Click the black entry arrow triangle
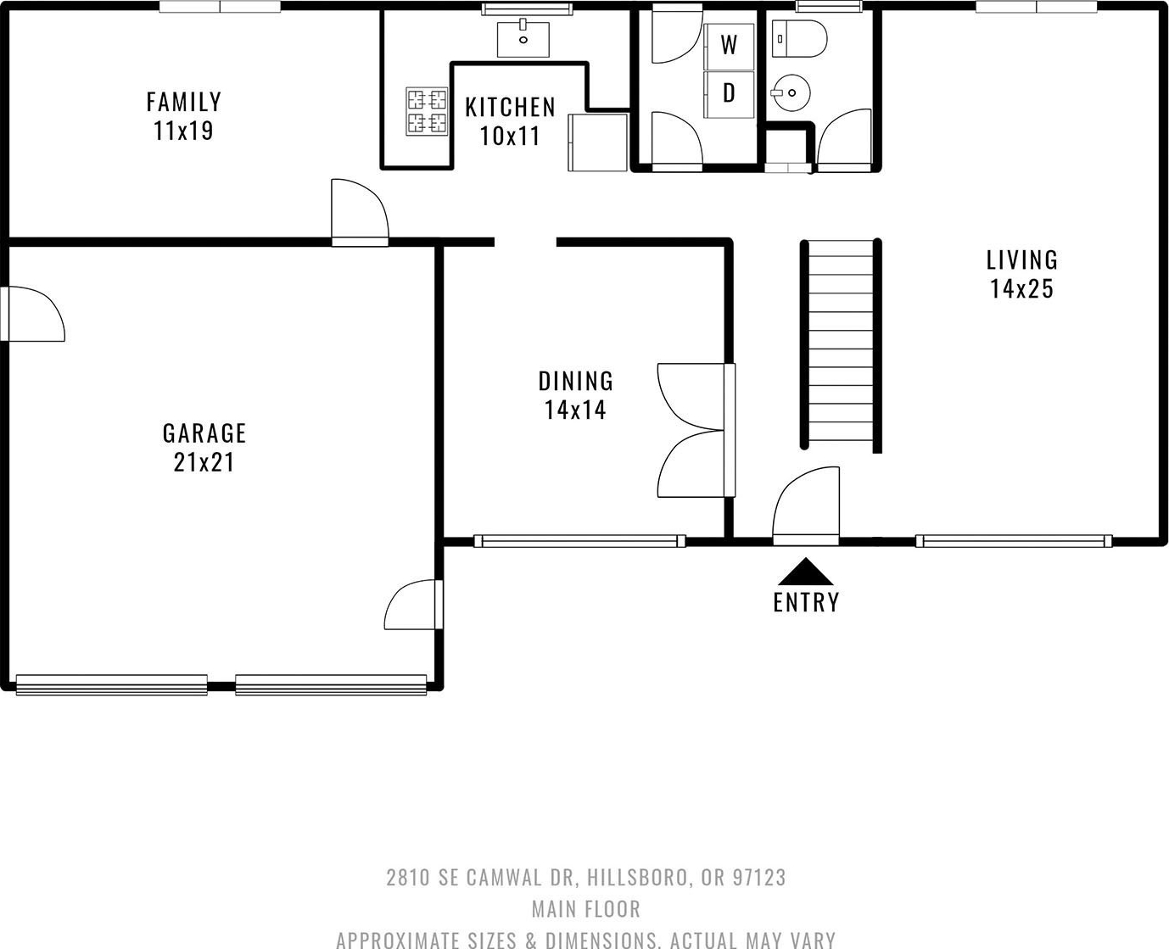coord(806,572)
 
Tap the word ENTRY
coord(806,602)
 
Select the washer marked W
coord(729,46)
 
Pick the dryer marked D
coord(729,94)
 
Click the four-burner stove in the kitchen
coord(427,111)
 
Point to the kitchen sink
coord(523,40)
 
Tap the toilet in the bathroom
coord(799,38)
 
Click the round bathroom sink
coord(791,92)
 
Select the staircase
coord(841,345)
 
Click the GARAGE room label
coord(204,433)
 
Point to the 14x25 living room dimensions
coord(1021,288)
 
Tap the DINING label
coord(576,382)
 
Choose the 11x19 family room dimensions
coord(183,131)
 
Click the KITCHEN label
coord(511,107)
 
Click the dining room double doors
coord(696,431)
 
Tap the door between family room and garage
coord(360,213)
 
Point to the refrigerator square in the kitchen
coord(598,142)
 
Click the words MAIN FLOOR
coord(586,909)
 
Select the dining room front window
coord(580,541)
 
